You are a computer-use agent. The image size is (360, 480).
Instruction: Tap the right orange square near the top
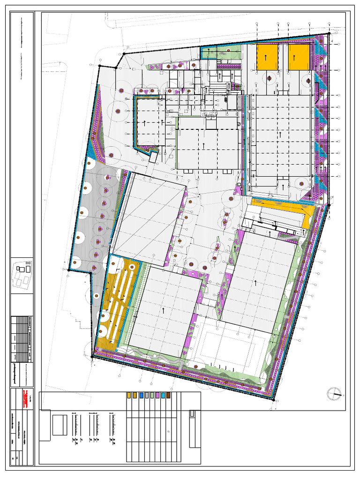tap(299, 57)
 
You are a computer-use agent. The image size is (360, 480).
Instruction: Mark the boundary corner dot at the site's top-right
tap(329, 33)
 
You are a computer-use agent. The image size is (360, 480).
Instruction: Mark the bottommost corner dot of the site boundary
tap(274, 400)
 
